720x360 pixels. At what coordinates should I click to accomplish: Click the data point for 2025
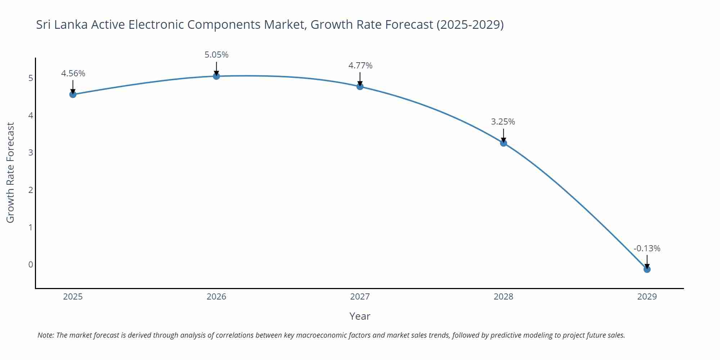(x=73, y=94)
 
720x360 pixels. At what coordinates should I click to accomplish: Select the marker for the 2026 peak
(x=216, y=76)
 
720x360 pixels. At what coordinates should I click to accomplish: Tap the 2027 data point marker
(x=360, y=86)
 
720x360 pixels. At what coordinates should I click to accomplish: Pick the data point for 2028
(x=503, y=143)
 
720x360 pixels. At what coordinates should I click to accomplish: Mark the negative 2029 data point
(x=647, y=269)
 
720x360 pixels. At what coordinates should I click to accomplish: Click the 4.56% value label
(x=73, y=73)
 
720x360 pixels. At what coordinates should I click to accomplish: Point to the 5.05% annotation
(x=216, y=55)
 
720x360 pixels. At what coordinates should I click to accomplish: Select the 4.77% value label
(x=360, y=66)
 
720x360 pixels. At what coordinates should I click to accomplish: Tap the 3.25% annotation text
(x=503, y=122)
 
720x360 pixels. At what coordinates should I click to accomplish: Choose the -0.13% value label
(x=647, y=248)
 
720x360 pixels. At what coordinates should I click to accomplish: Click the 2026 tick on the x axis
(x=216, y=297)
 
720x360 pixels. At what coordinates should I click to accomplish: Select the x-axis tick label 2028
(x=503, y=297)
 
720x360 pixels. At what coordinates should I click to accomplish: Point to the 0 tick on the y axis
(x=31, y=265)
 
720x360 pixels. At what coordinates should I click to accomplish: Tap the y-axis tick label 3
(x=31, y=153)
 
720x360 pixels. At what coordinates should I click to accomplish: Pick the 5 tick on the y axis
(x=31, y=78)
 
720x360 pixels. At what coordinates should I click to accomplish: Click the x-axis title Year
(x=360, y=316)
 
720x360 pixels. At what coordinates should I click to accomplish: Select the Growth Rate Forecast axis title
(x=10, y=172)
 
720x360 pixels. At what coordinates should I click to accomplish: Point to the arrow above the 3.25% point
(x=503, y=135)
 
